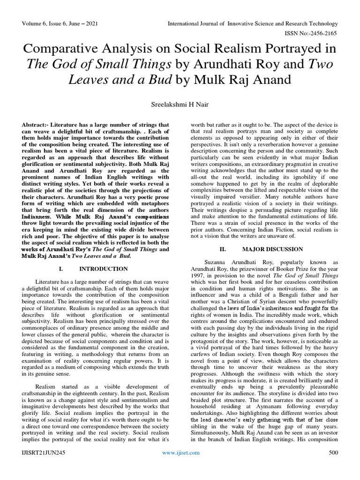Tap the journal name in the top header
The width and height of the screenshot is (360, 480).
coord(253,23)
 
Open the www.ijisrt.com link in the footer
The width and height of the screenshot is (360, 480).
coord(180,466)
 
